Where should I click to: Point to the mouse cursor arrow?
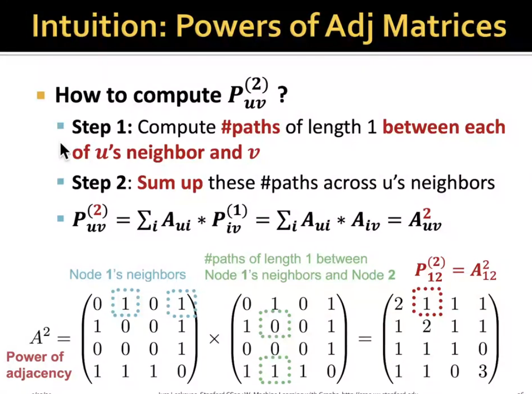(x=64, y=151)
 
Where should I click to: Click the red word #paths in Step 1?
(x=251, y=127)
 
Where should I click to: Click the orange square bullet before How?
(x=41, y=95)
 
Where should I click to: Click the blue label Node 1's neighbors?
(x=127, y=274)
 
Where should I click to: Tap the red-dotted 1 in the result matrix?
(x=427, y=304)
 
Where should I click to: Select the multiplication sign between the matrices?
(x=214, y=338)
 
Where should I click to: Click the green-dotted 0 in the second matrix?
(x=274, y=326)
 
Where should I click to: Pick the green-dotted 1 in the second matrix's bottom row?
(x=274, y=371)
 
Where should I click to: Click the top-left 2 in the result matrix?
(x=399, y=304)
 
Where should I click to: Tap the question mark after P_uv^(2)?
(x=282, y=95)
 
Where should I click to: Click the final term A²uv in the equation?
(x=423, y=221)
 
